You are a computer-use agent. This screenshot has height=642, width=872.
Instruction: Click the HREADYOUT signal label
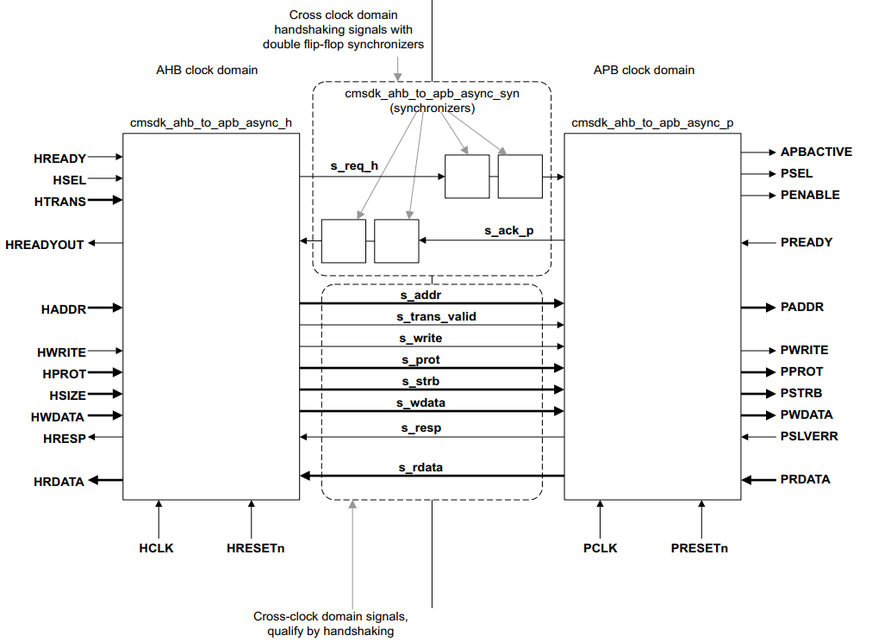click(45, 245)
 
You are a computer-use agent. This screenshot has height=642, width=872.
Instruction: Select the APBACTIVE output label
click(816, 152)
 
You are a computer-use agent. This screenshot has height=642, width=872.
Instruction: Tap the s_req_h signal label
click(354, 165)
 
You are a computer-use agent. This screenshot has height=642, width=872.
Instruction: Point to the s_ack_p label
click(509, 230)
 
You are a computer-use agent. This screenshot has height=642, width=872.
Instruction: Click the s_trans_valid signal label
click(436, 316)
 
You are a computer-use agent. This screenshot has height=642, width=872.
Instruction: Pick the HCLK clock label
click(156, 548)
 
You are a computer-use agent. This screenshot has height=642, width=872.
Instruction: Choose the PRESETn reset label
click(699, 548)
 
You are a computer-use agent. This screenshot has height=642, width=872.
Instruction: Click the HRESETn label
click(255, 548)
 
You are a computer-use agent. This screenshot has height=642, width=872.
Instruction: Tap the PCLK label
click(600, 548)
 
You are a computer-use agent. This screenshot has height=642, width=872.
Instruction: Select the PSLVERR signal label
click(808, 436)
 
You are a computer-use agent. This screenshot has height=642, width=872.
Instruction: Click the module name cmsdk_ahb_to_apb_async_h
click(211, 123)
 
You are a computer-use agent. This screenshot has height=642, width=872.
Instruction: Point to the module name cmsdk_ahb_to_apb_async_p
click(652, 123)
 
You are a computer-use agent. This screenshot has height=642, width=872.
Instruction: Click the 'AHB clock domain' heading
click(207, 70)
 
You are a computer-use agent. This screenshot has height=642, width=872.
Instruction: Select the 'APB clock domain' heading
click(644, 70)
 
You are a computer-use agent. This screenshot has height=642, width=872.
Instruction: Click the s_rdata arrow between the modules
click(432, 476)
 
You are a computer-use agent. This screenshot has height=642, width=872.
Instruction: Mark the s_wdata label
click(420, 402)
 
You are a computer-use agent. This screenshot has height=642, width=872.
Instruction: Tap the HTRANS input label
click(60, 202)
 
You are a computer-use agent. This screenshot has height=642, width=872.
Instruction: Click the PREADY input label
click(807, 242)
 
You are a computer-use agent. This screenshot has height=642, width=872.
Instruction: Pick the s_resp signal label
click(421, 427)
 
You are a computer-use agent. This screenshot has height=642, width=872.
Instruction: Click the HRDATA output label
click(59, 482)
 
